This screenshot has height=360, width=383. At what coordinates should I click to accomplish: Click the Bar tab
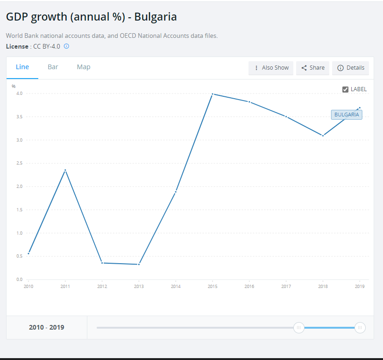[53, 67]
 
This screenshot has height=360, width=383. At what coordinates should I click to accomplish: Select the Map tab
[84, 67]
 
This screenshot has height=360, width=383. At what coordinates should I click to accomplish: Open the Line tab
[22, 67]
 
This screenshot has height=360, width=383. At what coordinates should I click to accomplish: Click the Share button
[313, 68]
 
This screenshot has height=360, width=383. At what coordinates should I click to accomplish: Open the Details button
[351, 68]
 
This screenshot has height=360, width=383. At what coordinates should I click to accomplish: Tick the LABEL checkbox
[346, 89]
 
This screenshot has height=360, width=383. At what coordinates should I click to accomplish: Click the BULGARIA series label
[347, 115]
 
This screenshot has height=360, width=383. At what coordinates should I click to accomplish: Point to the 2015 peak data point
[213, 94]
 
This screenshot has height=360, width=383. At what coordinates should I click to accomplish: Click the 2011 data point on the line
[65, 170]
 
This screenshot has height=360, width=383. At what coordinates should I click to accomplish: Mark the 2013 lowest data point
[139, 265]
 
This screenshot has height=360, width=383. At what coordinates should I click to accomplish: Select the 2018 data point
[323, 136]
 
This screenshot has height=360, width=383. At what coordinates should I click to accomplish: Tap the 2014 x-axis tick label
[176, 286]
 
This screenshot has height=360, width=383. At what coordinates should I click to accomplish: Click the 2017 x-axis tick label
[286, 286]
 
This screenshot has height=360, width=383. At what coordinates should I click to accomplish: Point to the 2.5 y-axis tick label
[19, 163]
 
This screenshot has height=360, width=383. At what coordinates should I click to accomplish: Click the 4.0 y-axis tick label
[19, 94]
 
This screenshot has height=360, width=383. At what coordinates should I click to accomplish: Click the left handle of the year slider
[298, 328]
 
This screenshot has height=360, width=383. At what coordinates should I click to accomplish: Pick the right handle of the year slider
[360, 328]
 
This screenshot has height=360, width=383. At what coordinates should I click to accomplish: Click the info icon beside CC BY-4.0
[66, 46]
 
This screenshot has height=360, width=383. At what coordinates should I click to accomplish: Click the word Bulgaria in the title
[156, 17]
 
